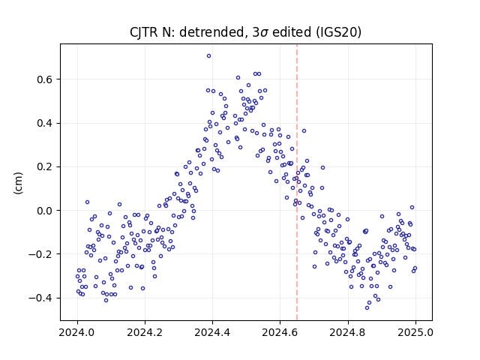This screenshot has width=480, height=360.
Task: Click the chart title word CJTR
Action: pyautogui.click(x=143, y=32)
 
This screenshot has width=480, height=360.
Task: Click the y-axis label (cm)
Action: pyautogui.click(x=18, y=183)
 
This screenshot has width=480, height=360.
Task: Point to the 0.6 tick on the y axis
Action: pyautogui.click(x=45, y=79)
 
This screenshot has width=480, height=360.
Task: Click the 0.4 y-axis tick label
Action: pyautogui.click(x=45, y=123)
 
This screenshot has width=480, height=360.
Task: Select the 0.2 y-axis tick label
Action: pyautogui.click(x=45, y=167)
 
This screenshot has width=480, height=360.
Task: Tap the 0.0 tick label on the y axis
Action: pyautogui.click(x=45, y=211)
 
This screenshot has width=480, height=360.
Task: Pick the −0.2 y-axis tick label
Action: pyautogui.click(x=41, y=254)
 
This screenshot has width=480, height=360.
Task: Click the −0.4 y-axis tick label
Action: pyautogui.click(x=41, y=298)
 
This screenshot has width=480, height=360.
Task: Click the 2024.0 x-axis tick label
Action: pyautogui.click(x=77, y=332)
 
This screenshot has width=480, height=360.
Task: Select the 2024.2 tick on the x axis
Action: pyautogui.click(x=145, y=332)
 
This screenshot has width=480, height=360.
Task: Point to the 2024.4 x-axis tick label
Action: pyautogui.click(x=212, y=332)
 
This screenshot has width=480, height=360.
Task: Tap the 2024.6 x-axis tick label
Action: pyautogui.click(x=280, y=332)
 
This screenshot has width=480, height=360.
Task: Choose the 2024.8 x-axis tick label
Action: pyautogui.click(x=348, y=332)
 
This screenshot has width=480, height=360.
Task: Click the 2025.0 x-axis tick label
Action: pyautogui.click(x=415, y=332)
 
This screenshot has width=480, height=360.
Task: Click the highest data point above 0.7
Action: pyautogui.click(x=208, y=56)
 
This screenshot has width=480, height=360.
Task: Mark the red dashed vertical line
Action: pyautogui.click(x=297, y=182)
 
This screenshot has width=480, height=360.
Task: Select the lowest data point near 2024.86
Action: pyautogui.click(x=367, y=307)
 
